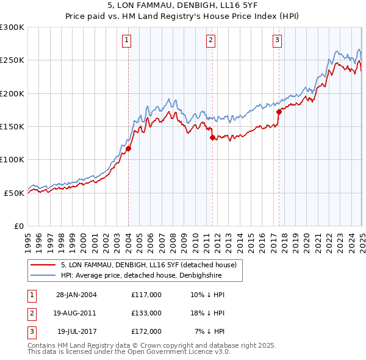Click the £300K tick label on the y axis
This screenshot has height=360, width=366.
point(12,27)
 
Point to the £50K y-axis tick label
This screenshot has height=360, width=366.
point(15,193)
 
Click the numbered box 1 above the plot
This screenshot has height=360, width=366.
point(126,41)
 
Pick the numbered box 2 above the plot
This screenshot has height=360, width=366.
point(210,41)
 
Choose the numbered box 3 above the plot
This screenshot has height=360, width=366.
point(277,41)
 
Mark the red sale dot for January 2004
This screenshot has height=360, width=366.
point(129,148)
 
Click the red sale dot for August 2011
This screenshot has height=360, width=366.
point(212,138)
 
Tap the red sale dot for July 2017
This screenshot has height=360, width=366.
point(279,112)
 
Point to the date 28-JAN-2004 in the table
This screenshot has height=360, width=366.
point(76,295)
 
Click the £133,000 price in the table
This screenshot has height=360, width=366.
point(146,313)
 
